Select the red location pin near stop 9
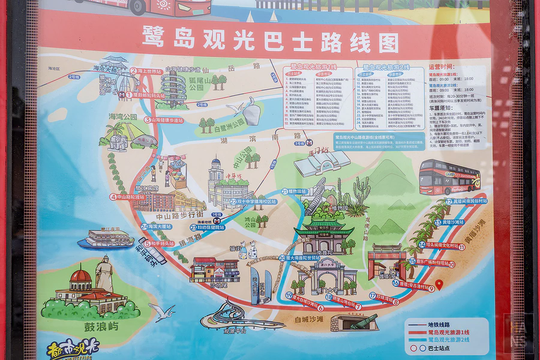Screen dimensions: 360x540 (439, 285)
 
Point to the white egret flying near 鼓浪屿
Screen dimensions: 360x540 (163, 311)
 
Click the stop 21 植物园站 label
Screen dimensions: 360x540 (294, 191)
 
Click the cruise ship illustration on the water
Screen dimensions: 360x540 (106, 239)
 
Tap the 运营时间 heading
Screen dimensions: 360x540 (441, 67)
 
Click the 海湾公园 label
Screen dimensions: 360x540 (122, 116)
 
